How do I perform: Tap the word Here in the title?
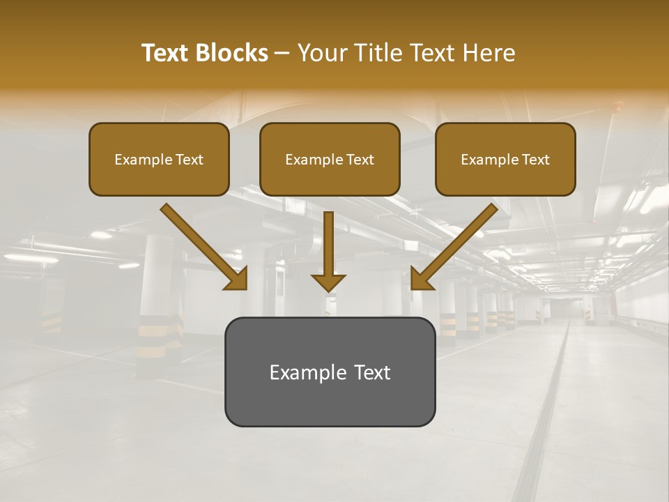487,53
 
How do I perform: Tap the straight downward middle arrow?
328,244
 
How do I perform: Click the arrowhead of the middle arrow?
328,282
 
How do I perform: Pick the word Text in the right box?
535,160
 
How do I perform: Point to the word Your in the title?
319,53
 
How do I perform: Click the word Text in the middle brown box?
360,160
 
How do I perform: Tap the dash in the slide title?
282,53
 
